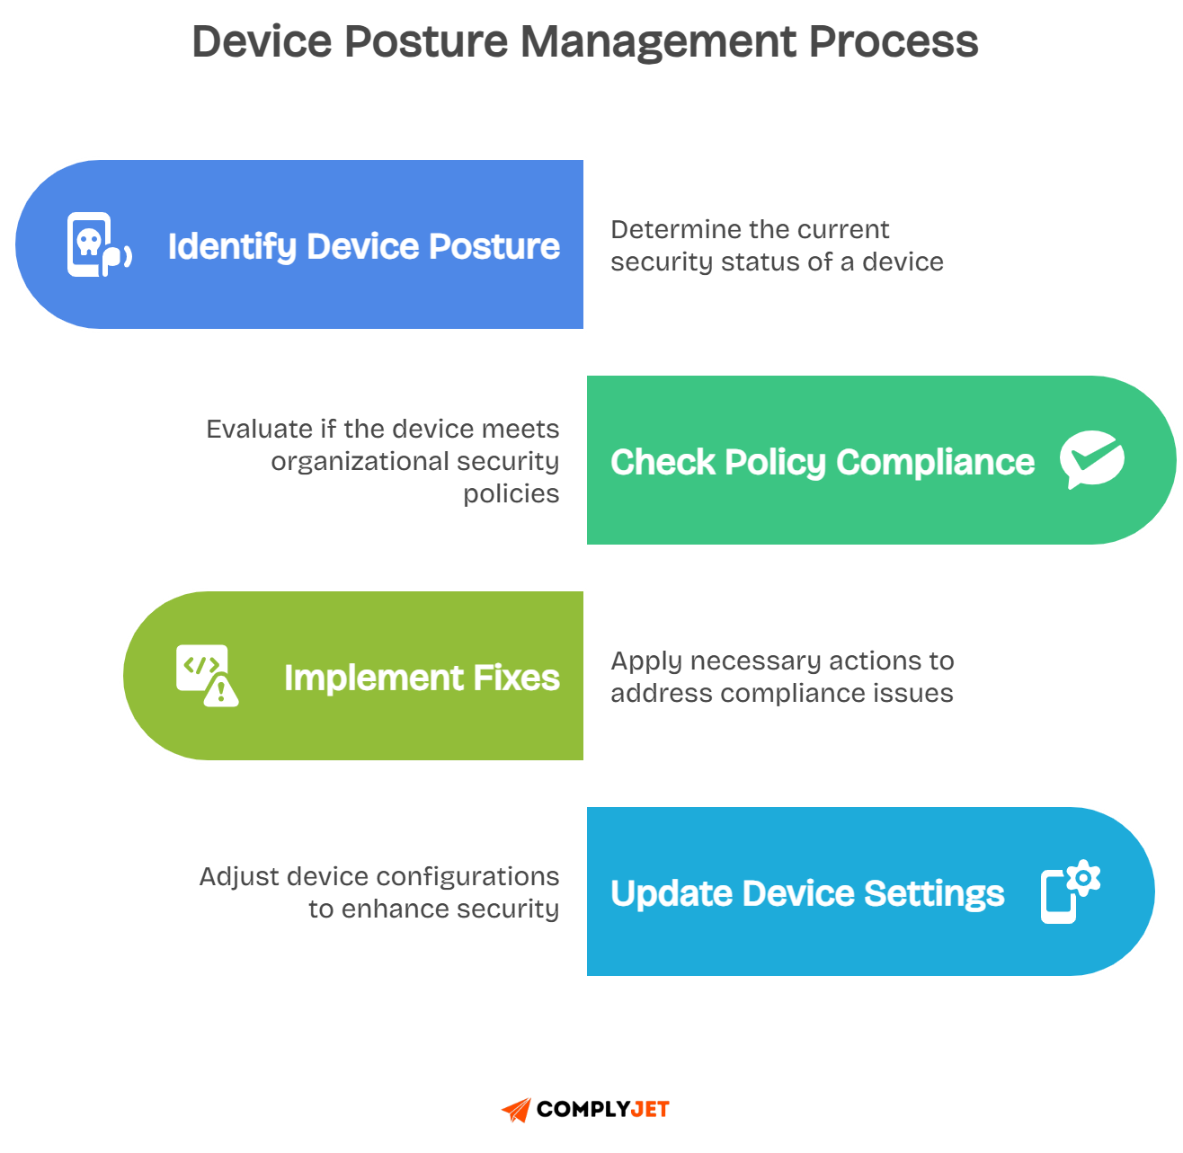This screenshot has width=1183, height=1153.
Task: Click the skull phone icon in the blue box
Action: pyautogui.click(x=98, y=244)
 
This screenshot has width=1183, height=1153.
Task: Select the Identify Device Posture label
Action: pyautogui.click(x=363, y=246)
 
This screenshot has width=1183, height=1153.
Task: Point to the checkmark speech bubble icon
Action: pyautogui.click(x=1091, y=459)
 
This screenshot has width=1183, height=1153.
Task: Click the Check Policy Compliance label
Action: pyautogui.click(x=822, y=462)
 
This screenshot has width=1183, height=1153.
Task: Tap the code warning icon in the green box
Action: pyautogui.click(x=207, y=675)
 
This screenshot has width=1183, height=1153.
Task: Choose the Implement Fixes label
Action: pyautogui.click(x=422, y=678)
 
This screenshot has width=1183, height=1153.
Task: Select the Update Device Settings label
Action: pyautogui.click(x=807, y=893)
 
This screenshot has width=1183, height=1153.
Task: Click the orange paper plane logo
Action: pyautogui.click(x=517, y=1110)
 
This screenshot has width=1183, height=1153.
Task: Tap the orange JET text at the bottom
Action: pyautogui.click(x=650, y=1110)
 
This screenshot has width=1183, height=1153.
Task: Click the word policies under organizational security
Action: pyautogui.click(x=511, y=494)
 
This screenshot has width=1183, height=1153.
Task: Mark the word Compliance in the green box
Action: pyautogui.click(x=935, y=462)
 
